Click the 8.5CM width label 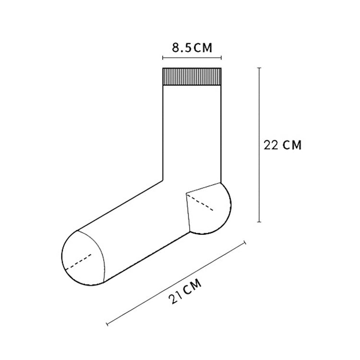192,48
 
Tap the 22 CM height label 282,145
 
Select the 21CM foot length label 185,291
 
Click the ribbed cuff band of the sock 192,77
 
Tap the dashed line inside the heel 200,202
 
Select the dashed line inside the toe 79,262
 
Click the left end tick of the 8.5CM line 163,58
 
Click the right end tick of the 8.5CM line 221,58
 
